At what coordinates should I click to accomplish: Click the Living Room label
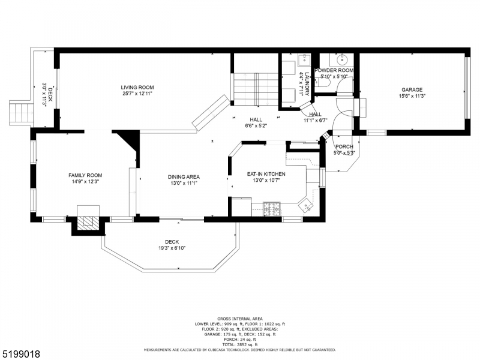point(137,87)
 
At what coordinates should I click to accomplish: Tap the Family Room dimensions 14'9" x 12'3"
point(84,181)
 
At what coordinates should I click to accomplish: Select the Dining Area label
point(184,176)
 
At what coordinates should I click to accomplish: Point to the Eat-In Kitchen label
point(266,174)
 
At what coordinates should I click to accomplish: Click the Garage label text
point(412,90)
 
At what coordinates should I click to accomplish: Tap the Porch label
point(344,147)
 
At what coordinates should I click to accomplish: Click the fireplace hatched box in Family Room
point(88,221)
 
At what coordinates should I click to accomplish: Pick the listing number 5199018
point(21,354)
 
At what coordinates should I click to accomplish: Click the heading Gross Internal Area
point(239,319)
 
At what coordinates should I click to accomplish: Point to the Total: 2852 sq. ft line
point(239,344)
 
